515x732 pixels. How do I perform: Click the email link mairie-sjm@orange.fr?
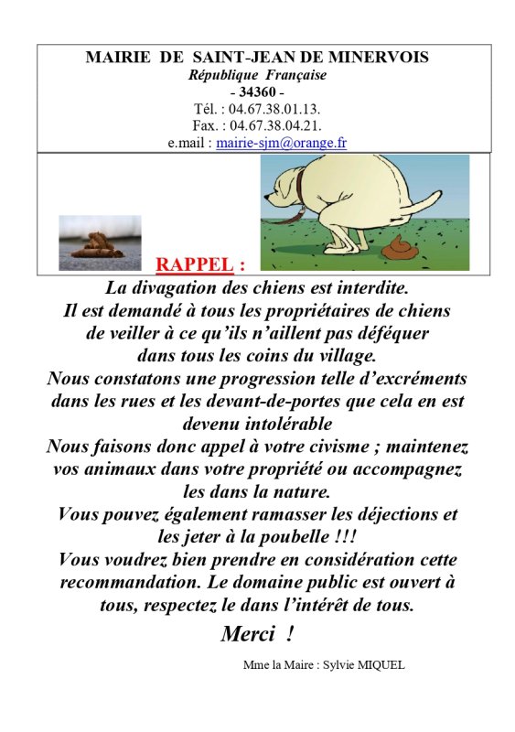(x=281, y=143)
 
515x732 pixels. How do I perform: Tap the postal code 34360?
(x=257, y=91)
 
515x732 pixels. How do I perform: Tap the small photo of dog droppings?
(x=100, y=239)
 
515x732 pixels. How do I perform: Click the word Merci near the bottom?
(x=249, y=633)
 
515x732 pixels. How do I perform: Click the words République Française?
(x=257, y=74)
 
